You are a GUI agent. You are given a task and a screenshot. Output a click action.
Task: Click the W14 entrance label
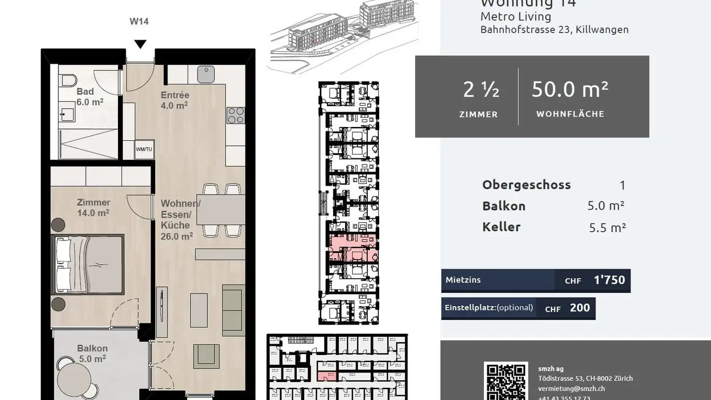139,21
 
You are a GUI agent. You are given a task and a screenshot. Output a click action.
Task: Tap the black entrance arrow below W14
141,44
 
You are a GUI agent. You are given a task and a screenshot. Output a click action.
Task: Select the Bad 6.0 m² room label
89,97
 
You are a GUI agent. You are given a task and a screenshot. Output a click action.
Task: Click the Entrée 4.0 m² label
175,100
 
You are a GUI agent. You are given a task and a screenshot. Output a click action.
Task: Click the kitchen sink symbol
206,74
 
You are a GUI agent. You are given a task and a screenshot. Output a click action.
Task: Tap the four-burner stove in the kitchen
236,116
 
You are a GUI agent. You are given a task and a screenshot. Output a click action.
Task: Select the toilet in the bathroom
67,80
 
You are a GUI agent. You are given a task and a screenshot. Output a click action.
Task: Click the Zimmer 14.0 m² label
93,207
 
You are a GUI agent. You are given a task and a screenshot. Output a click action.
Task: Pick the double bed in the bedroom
88,264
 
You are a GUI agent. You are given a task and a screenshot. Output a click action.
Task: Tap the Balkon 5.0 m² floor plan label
92,354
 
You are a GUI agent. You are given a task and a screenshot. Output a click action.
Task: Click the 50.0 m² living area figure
570,89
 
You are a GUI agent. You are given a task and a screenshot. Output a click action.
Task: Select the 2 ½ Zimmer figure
480,90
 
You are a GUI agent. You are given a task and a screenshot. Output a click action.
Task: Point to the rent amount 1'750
609,280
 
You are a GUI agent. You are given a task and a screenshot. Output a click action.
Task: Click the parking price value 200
580,308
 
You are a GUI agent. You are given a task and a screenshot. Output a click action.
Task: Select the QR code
506,381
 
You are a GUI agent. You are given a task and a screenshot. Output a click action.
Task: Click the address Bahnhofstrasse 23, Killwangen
554,30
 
